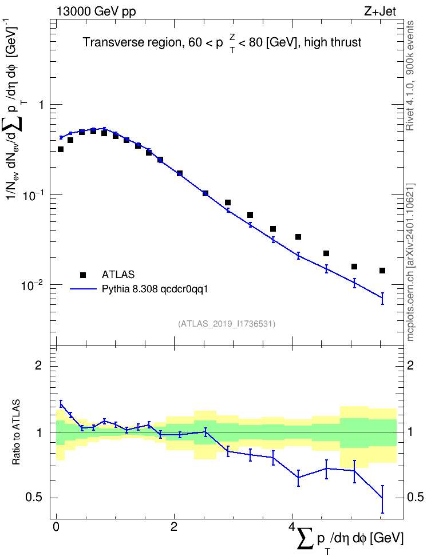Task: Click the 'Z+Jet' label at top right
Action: [x=380, y=11]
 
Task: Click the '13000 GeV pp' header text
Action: [x=96, y=11]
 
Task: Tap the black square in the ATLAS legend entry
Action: [x=83, y=275]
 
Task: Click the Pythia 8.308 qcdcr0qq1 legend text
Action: [x=155, y=289]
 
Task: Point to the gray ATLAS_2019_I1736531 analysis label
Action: [x=227, y=323]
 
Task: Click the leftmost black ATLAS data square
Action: [x=61, y=149]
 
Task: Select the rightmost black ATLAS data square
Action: [x=382, y=271]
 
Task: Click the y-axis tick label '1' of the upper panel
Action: [x=41, y=105]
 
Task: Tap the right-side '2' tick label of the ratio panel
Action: [x=410, y=365]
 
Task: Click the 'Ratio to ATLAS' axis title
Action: [x=16, y=432]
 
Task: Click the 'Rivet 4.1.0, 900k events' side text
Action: [x=410, y=76]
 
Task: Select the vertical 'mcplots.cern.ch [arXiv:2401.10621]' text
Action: [x=410, y=263]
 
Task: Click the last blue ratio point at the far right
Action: [x=382, y=498]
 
